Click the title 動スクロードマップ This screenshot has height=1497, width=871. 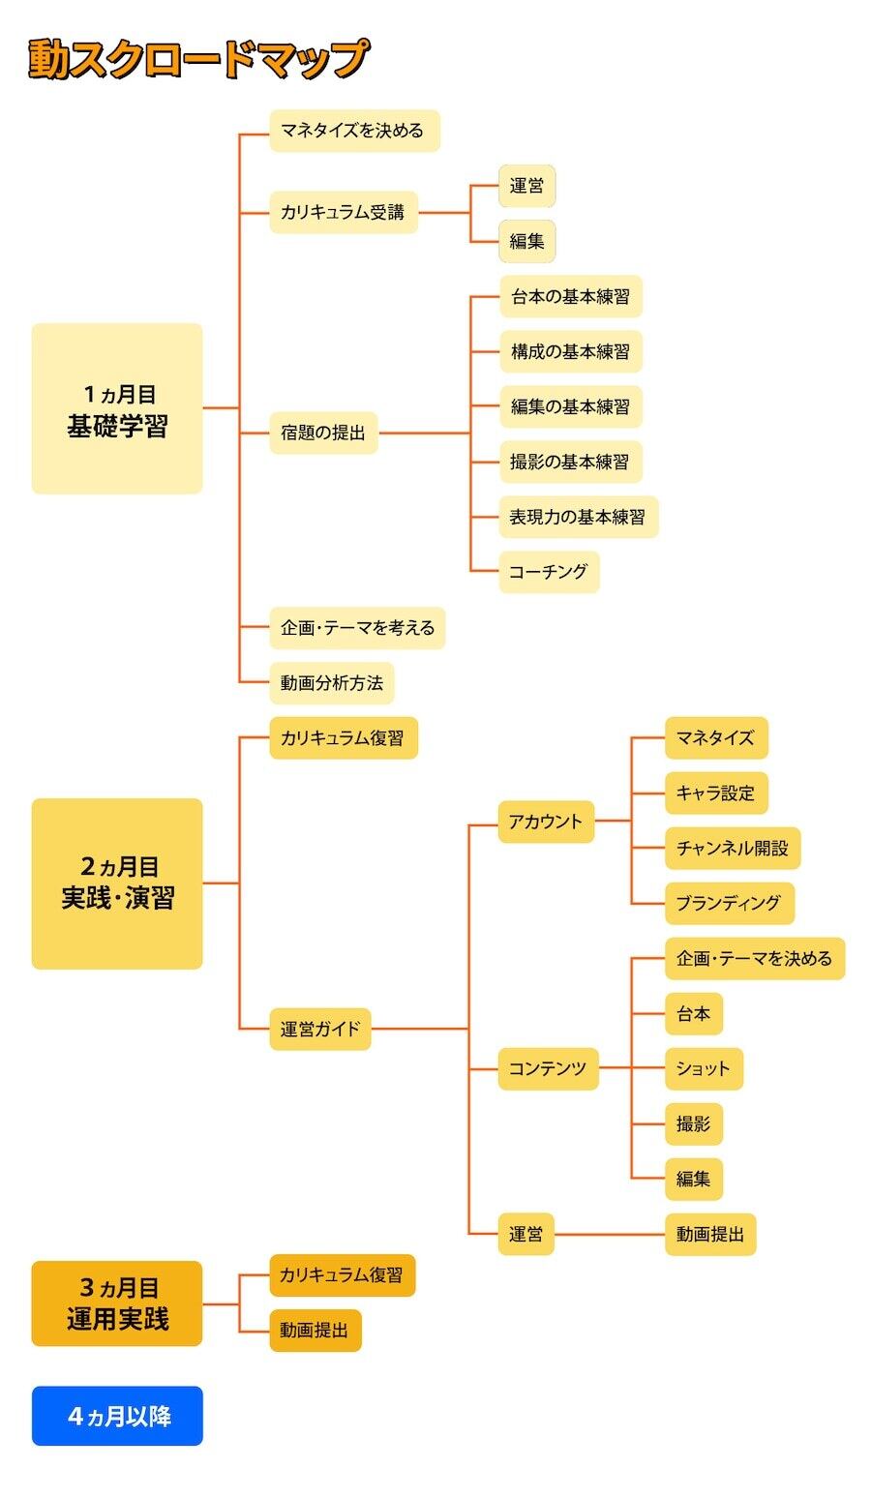(197, 59)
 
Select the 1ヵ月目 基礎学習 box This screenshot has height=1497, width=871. (117, 408)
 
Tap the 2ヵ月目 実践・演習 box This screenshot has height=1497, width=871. (117, 883)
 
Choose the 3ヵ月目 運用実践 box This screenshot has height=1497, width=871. (117, 1303)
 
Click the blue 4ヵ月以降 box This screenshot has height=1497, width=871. (117, 1416)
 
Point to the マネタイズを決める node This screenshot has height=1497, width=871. (354, 131)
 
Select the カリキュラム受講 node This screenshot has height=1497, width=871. (344, 213)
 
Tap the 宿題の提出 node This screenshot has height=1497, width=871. (323, 434)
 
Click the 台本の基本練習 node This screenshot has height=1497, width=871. (570, 296)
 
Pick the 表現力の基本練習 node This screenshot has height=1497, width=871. (578, 517)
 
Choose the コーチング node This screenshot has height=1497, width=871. (549, 571)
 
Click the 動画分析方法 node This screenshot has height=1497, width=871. (332, 682)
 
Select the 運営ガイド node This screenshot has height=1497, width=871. (320, 1029)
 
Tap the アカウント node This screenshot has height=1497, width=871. (546, 822)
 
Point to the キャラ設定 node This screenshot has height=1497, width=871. (716, 793)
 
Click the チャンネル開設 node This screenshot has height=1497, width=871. (733, 848)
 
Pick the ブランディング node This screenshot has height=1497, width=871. (730, 903)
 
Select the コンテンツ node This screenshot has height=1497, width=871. (548, 1068)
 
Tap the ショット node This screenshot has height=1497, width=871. (704, 1068)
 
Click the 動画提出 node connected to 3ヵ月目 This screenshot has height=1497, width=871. (315, 1330)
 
